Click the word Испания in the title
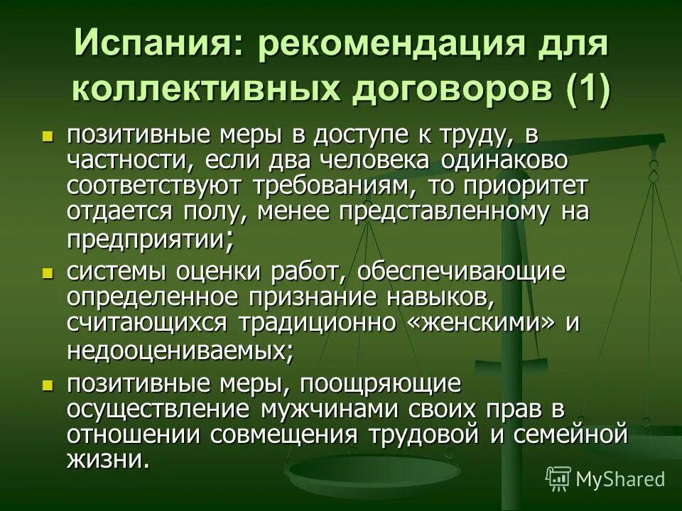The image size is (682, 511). click(x=154, y=47)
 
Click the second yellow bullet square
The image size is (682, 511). click(x=48, y=272)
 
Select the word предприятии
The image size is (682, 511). click(x=146, y=239)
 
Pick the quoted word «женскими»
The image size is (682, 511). click(x=480, y=321)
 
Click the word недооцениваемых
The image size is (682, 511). click(x=178, y=350)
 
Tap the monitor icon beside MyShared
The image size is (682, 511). click(x=558, y=478)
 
